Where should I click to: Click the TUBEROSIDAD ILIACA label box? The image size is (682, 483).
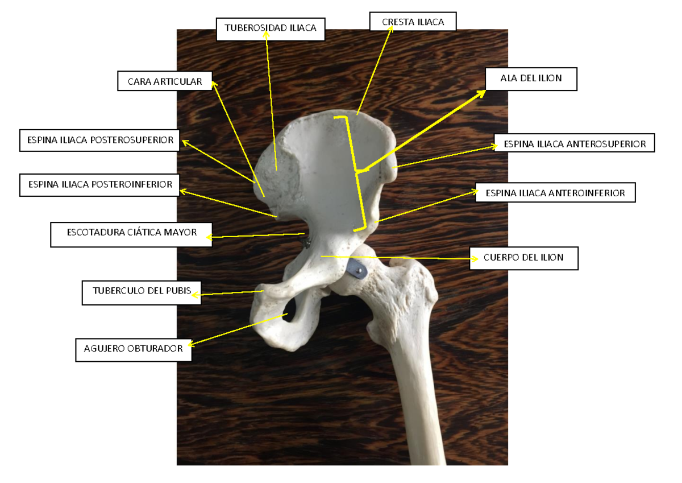(x=271, y=29)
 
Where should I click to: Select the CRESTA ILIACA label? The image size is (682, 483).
(x=413, y=22)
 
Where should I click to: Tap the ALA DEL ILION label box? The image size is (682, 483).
(x=531, y=79)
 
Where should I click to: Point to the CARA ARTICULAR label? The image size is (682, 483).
(x=165, y=81)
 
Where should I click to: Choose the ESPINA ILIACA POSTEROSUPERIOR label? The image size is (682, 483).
(x=99, y=140)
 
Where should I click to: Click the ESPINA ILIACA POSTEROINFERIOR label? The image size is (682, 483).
(x=99, y=185)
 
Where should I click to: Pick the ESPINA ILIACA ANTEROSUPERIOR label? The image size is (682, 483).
(x=574, y=143)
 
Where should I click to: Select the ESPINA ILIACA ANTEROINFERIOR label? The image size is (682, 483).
(x=555, y=192)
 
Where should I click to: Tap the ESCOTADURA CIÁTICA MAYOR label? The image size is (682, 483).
(x=131, y=234)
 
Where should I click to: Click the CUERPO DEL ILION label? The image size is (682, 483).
(x=523, y=258)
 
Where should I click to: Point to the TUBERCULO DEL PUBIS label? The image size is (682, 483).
(x=142, y=293)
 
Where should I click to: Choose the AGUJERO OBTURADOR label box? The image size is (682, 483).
(x=134, y=350)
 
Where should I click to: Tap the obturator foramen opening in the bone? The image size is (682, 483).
(x=289, y=309)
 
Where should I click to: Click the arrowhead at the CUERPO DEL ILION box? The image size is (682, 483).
(x=475, y=259)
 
